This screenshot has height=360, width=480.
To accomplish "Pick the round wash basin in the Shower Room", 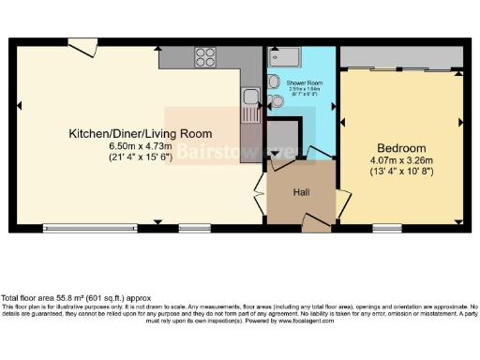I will (276, 81).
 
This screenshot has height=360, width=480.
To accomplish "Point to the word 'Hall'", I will (300, 193).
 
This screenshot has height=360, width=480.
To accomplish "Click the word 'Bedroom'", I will (401, 148).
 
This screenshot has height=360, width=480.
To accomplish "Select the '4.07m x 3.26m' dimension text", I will (401, 159).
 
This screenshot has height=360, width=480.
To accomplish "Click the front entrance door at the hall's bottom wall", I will (315, 223).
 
